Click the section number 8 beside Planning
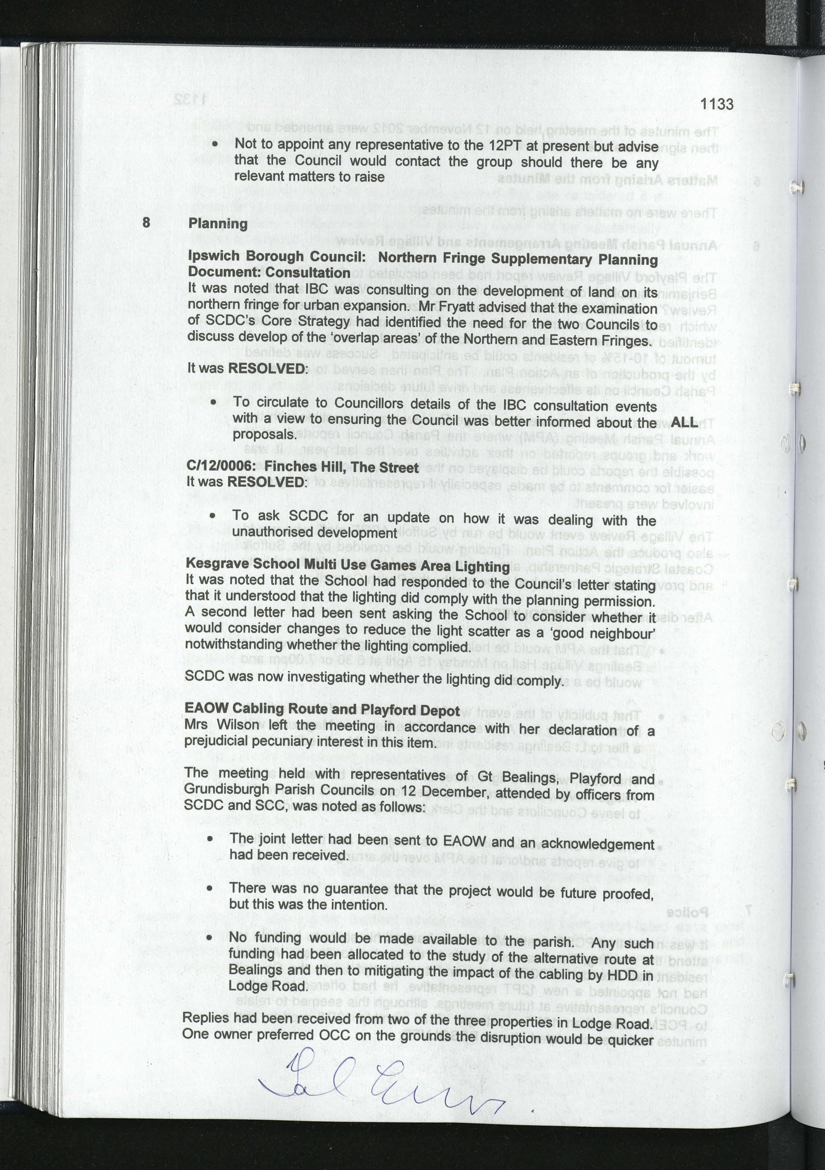click(146, 222)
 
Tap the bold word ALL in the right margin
click(684, 422)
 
